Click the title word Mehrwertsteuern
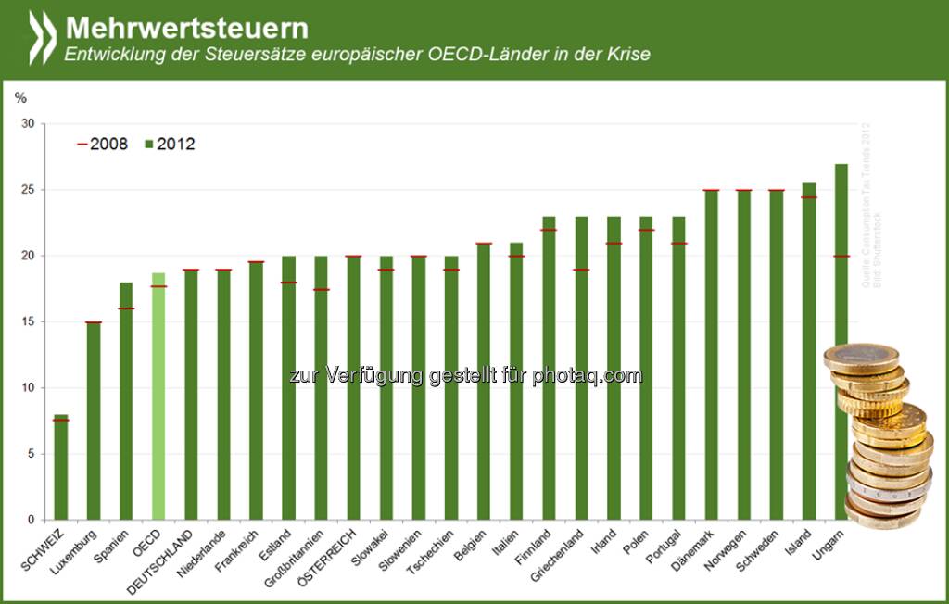[186, 26]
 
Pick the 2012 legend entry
[169, 144]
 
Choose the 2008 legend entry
[101, 144]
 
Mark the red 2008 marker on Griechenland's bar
[581, 270]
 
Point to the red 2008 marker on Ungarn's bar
[841, 256]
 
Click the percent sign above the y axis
[20, 95]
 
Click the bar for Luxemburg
[93, 422]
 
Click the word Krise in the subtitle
[629, 54]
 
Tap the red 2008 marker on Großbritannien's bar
[321, 289]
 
